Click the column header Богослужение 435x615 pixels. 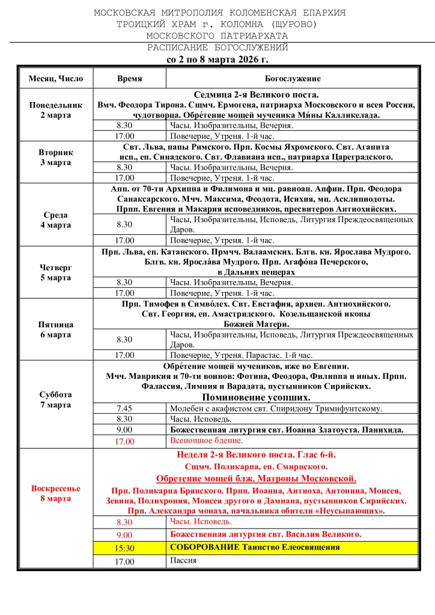[x=293, y=79]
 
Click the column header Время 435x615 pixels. [x=129, y=79]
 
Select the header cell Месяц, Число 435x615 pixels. [x=56, y=79]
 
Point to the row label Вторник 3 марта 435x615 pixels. [x=56, y=157]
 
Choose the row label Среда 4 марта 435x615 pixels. [x=56, y=219]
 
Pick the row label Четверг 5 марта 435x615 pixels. [x=56, y=273]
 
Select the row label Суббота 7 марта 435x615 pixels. [x=56, y=399]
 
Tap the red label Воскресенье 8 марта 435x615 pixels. [x=56, y=494]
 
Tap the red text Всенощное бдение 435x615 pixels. [x=203, y=441]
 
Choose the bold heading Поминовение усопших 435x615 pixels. [x=256, y=398]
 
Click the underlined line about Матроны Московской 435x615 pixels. [x=256, y=479]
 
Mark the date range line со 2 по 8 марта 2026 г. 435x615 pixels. [x=217, y=60]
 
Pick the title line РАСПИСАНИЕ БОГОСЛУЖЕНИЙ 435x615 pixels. [x=218, y=47]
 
